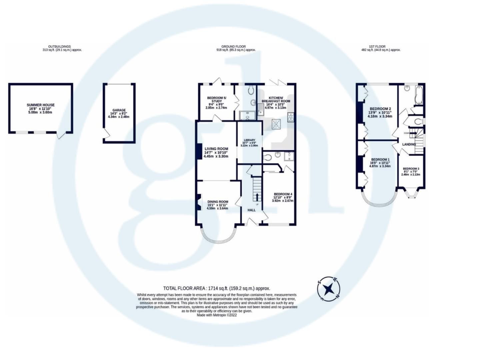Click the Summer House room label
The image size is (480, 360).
point(41,105)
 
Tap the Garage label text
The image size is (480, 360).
point(119,110)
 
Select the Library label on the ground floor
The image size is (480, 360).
point(249,140)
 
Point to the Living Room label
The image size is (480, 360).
point(216,149)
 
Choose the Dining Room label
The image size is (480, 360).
point(218,202)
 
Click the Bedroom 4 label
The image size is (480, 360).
point(283,194)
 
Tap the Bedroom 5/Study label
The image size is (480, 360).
point(216,99)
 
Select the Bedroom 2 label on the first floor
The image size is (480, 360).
point(380,109)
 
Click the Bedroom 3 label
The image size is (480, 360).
point(411,169)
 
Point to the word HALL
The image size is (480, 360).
point(251,210)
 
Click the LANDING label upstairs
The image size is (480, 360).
point(409,144)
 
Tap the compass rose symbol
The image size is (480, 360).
point(329,289)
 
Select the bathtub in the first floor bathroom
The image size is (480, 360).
point(419,94)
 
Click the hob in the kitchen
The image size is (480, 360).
point(291,117)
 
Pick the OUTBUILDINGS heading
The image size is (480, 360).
point(59,47)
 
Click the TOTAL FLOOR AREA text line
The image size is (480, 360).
point(216,288)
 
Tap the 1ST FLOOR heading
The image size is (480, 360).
point(377,47)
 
